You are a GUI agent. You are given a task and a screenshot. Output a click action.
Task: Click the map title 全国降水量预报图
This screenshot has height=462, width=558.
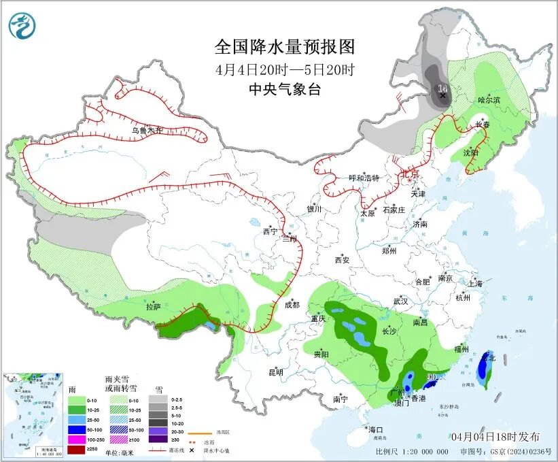tap(285, 46)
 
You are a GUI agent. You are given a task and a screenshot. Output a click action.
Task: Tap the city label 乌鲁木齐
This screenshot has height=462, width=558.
tap(147, 130)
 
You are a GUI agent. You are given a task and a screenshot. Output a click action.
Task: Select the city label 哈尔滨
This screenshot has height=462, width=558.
tap(489, 100)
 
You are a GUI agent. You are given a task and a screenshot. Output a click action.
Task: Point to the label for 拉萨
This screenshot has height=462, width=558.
tap(153, 307)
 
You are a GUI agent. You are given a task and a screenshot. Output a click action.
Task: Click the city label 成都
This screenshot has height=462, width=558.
tap(292, 305)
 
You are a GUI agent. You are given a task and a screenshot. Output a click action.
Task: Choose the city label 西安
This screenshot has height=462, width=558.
tap(342, 260)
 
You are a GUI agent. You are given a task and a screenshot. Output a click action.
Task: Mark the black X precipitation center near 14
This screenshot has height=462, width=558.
tap(442, 96)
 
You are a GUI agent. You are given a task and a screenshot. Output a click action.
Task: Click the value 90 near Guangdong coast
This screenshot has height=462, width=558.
tap(431, 376)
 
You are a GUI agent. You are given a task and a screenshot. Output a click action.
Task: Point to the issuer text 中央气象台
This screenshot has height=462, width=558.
tap(285, 89)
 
